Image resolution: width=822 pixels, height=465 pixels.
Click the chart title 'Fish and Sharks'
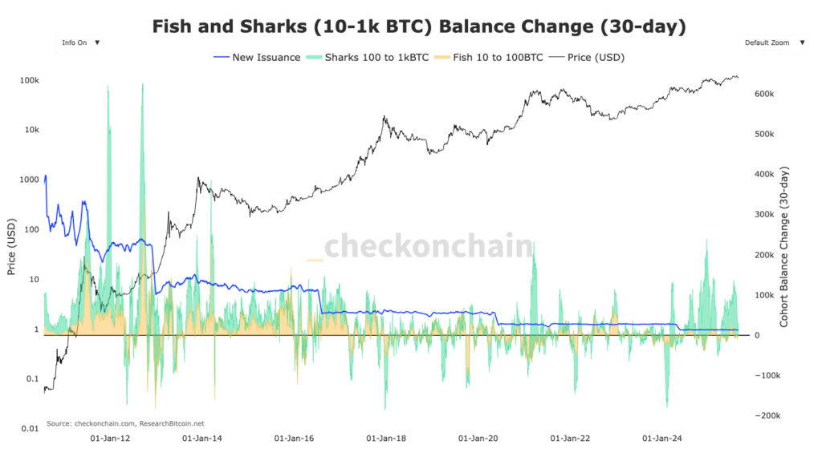click(x=418, y=26)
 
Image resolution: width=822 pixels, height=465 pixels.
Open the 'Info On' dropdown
click(x=79, y=42)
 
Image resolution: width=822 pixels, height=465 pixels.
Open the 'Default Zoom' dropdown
click(x=772, y=42)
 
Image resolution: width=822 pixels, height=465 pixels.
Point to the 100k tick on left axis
click(x=30, y=80)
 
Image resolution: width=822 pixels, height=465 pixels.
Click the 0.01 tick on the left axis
click(x=30, y=429)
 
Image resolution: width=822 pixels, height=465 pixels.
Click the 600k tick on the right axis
click(x=764, y=94)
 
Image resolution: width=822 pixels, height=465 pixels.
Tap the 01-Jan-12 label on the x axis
click(x=106, y=439)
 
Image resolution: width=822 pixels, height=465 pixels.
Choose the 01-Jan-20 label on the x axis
click(x=478, y=439)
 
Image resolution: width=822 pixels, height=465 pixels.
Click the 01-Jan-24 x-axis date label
click(x=662, y=439)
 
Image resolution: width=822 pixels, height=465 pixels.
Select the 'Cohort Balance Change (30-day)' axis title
click(x=784, y=246)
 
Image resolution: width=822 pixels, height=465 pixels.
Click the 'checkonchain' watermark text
click(x=427, y=246)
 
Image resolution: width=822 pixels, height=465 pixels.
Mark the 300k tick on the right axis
click(x=764, y=215)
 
